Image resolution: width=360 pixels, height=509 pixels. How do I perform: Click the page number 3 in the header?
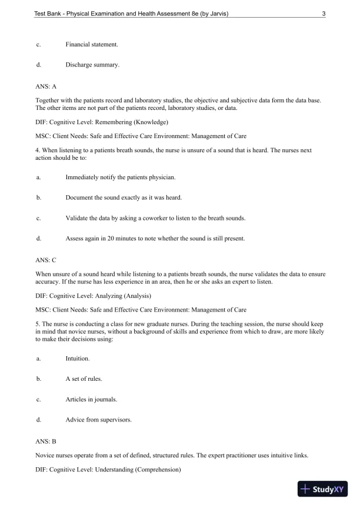pyautogui.click(x=324, y=15)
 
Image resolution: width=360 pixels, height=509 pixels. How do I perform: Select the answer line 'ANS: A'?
pyautogui.click(x=46, y=86)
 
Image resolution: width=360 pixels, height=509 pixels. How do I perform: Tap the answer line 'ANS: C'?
pyautogui.click(x=46, y=259)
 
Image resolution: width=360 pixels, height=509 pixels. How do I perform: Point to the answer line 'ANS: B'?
pyautogui.click(x=46, y=440)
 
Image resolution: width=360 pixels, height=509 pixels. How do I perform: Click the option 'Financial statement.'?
pyautogui.click(x=91, y=44)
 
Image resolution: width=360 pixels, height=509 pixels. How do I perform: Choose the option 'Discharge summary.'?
pyautogui.click(x=92, y=65)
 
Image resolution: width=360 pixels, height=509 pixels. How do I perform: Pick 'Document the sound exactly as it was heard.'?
pyautogui.click(x=124, y=197)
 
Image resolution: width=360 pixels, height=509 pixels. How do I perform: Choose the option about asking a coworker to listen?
pyautogui.click(x=155, y=217)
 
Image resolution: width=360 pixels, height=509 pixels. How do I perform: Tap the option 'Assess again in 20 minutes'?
pyautogui.click(x=155, y=239)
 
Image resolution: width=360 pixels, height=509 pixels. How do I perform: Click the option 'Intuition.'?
pyautogui.click(x=78, y=357)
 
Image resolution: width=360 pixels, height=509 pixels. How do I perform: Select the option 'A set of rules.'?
pyautogui.click(x=84, y=379)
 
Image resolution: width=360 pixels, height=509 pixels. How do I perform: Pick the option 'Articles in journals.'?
pyautogui.click(x=91, y=399)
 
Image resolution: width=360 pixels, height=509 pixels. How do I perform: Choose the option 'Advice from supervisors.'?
pyautogui.click(x=98, y=420)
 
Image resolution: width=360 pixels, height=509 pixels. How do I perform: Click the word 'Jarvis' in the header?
pyautogui.click(x=217, y=15)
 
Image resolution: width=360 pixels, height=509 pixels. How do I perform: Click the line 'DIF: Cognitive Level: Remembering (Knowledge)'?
pyautogui.click(x=102, y=122)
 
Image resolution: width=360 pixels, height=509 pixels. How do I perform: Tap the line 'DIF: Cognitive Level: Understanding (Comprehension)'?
pyautogui.click(x=108, y=469)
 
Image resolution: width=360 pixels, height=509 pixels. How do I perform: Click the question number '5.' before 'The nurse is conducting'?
pyautogui.click(x=38, y=323)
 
